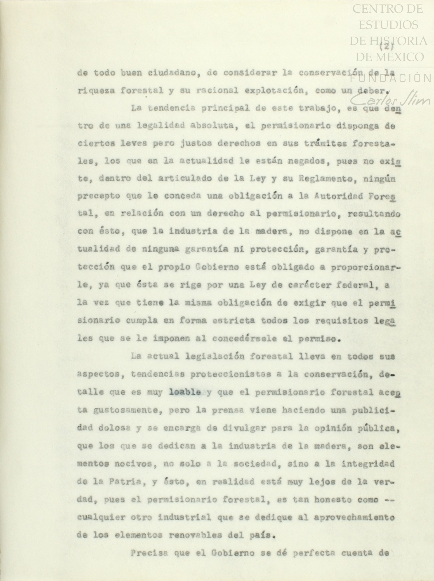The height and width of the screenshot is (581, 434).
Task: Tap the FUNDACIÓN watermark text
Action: tap(390, 78)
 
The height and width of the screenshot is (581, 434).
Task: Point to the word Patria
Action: tap(110, 482)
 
